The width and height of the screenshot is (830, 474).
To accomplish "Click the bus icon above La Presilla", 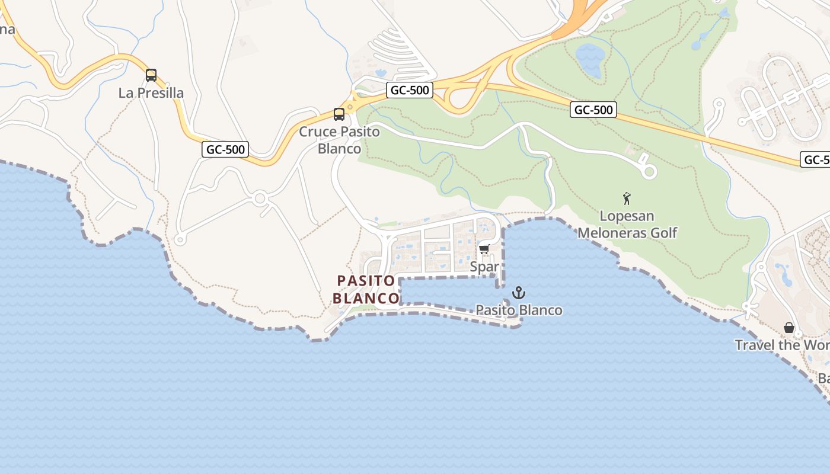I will pos(151,75).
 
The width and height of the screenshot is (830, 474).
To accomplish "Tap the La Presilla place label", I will pos(151,93).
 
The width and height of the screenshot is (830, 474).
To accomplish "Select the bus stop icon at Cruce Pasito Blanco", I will pos(339,114).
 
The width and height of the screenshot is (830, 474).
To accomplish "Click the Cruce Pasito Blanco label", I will pos(339,140).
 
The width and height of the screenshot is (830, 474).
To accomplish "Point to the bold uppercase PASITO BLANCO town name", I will pos(366,289).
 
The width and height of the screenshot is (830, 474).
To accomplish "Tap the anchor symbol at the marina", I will pos(519,293).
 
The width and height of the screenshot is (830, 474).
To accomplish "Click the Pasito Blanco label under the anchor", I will pos(519,310).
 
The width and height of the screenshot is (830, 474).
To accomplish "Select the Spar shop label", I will pos(484,267).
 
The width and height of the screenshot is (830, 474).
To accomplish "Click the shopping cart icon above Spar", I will pos(484,249).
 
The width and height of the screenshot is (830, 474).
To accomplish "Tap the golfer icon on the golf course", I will pos(627,198).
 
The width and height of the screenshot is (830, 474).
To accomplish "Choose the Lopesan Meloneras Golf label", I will pos(627,225).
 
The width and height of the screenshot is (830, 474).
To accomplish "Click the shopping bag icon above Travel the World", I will pos(789,328).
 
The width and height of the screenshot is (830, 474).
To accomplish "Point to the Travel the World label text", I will pos(782,345).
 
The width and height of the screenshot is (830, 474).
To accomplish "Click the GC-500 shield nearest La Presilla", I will pos(225,149).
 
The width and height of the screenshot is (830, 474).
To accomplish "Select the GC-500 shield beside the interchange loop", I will pos(410,91).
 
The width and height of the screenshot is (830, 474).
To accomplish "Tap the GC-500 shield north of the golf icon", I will pos(593,110).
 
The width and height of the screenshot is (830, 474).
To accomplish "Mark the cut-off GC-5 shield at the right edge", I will pos(815,159).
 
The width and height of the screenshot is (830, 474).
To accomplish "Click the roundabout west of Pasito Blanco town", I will pos(259,199).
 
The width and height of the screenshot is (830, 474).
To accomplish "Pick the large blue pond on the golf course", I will pos(590,60).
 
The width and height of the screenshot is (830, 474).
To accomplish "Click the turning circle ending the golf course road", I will pos(649,172).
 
